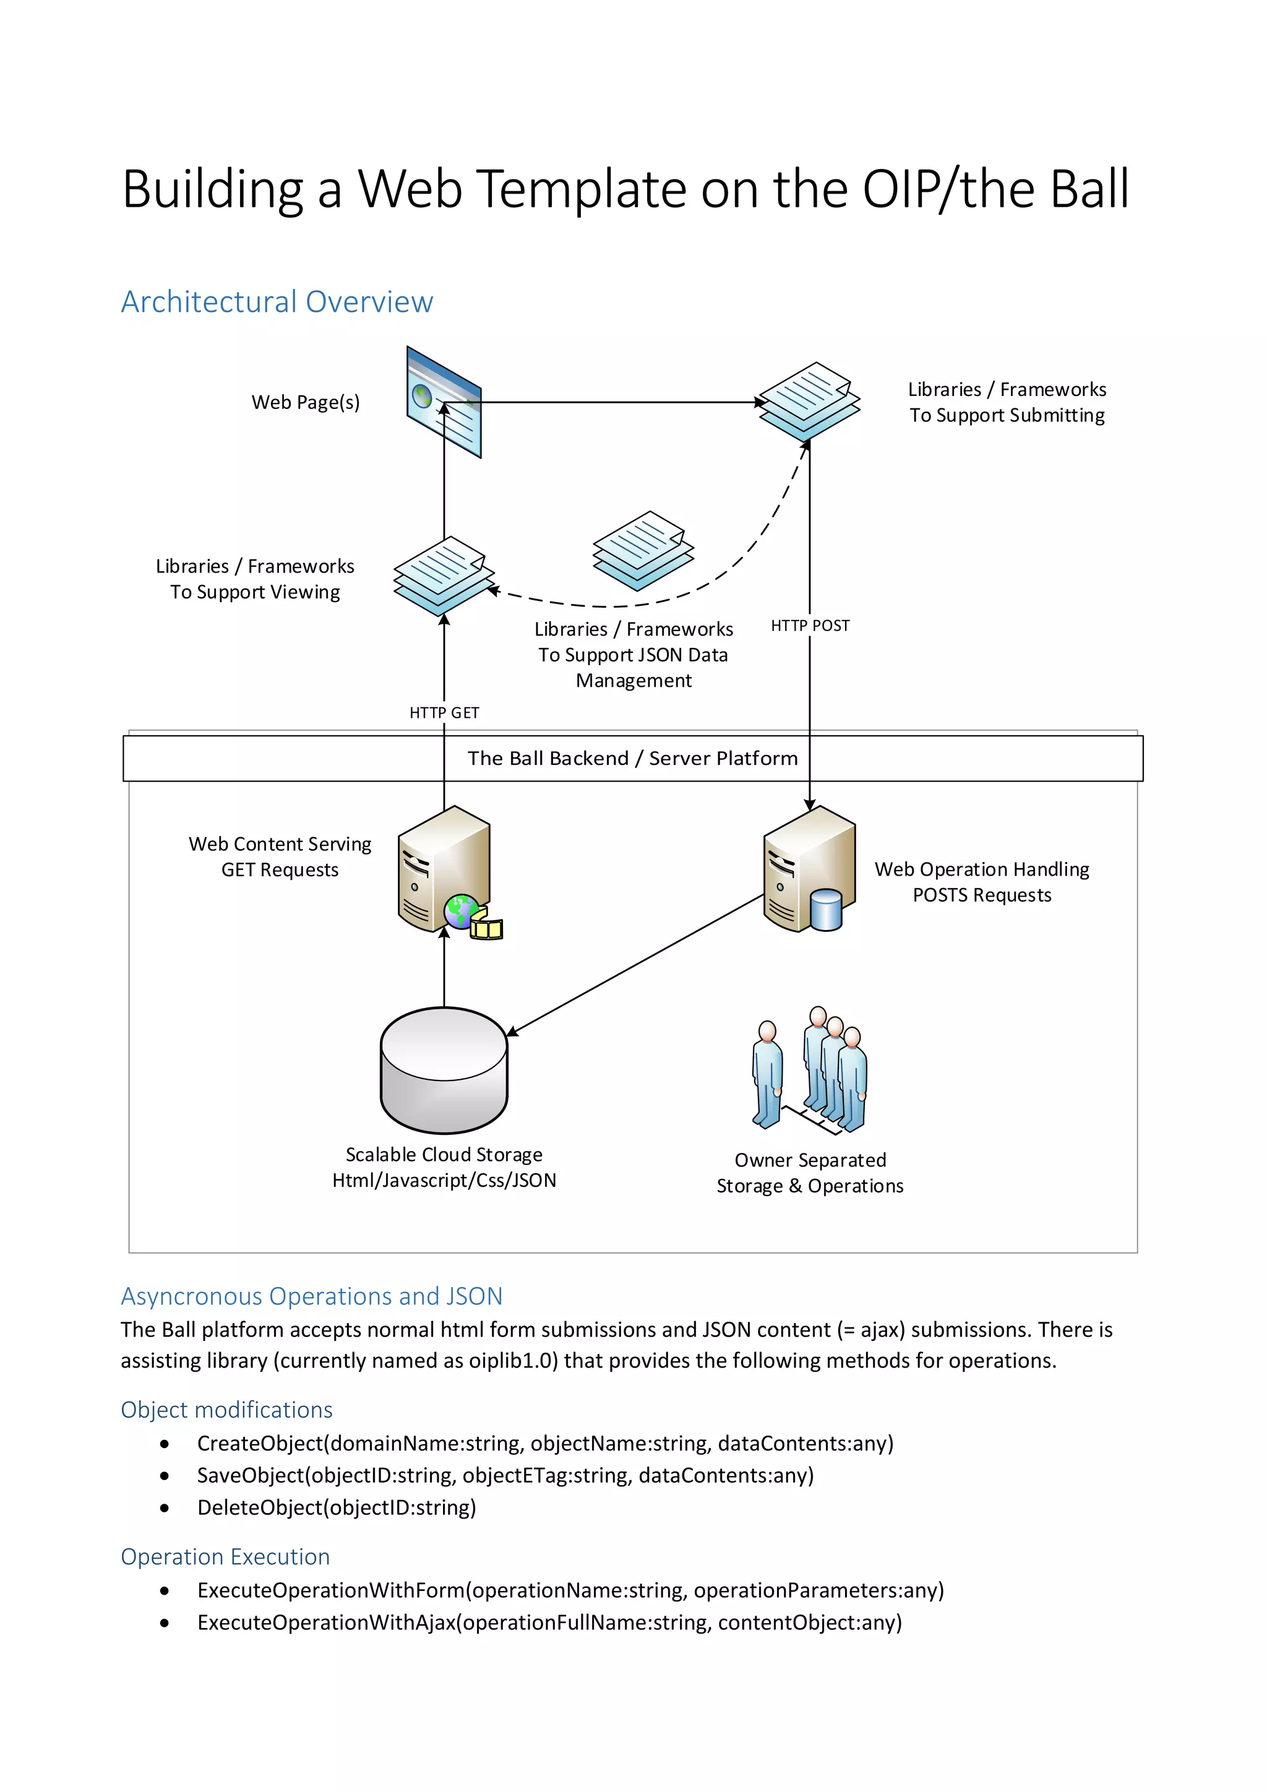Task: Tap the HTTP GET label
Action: pos(444,713)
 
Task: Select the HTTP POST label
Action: pos(810,626)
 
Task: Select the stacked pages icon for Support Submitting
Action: pos(809,400)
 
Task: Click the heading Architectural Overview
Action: pos(277,302)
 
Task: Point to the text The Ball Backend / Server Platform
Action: pos(633,759)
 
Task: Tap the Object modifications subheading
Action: pos(226,1410)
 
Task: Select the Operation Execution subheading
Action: pos(225,1556)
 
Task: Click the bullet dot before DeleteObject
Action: pos(165,1508)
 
